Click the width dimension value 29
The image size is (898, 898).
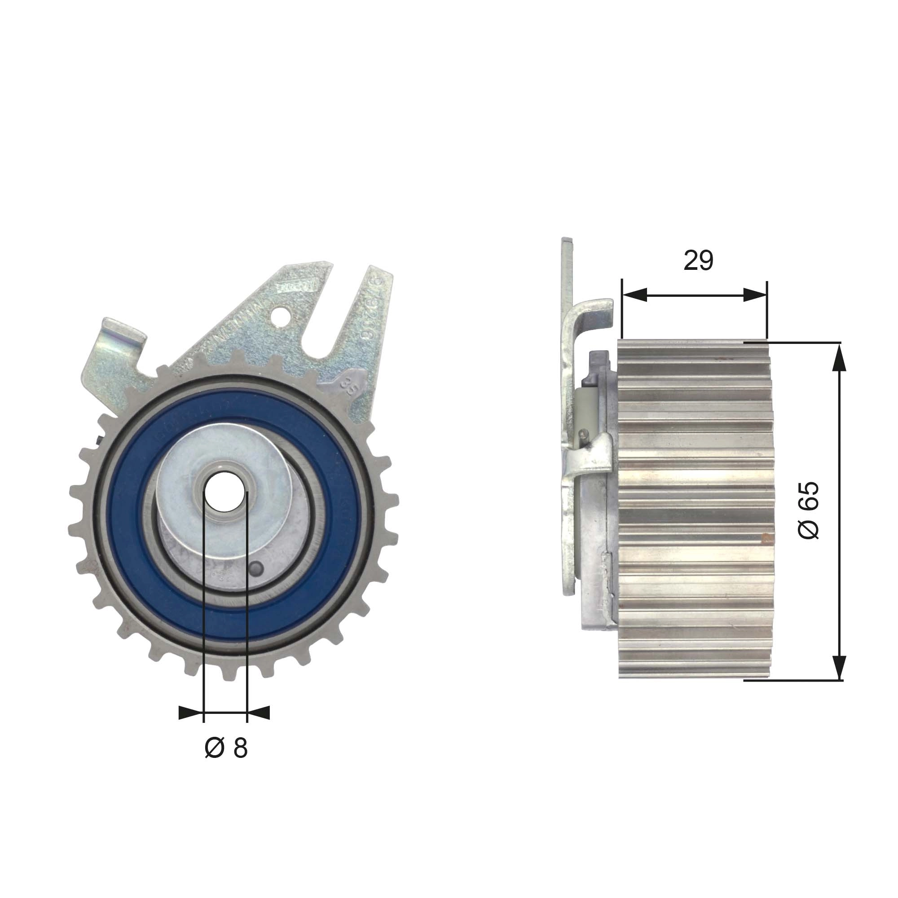click(x=698, y=261)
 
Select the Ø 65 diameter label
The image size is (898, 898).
click(x=809, y=510)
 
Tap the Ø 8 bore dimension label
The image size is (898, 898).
click(x=226, y=748)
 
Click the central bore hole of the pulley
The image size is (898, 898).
click(x=225, y=491)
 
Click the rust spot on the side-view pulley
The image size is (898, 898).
click(x=764, y=538)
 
